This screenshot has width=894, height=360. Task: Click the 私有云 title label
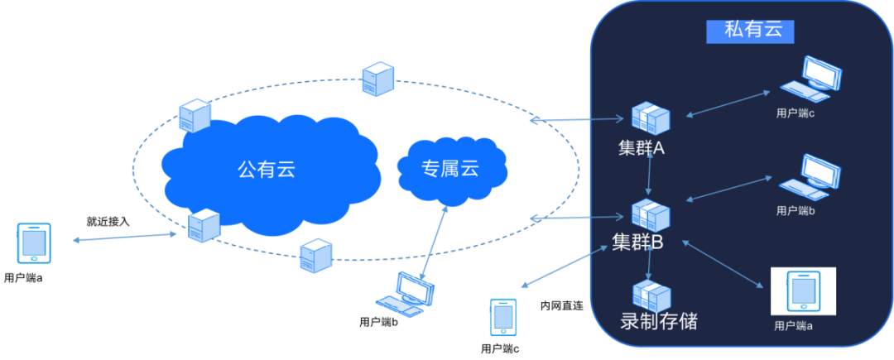tap(749, 31)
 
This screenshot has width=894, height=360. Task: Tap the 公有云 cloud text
tap(267, 170)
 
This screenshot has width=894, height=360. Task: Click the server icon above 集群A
tap(650, 118)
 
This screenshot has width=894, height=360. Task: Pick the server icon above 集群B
tap(650, 214)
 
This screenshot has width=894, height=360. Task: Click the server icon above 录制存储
tap(651, 295)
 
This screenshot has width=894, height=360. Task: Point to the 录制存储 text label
tap(659, 321)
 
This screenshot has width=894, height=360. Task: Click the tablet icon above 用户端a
tap(803, 291)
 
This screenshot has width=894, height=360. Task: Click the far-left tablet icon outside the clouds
tap(34, 243)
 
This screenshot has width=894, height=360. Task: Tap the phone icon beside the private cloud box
tap(502, 317)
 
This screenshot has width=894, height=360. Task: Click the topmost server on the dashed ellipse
tap(378, 79)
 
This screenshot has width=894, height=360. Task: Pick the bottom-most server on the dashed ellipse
tap(315, 255)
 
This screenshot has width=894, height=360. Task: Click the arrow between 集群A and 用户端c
tap(725, 102)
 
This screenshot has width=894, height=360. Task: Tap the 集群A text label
tap(642, 148)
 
